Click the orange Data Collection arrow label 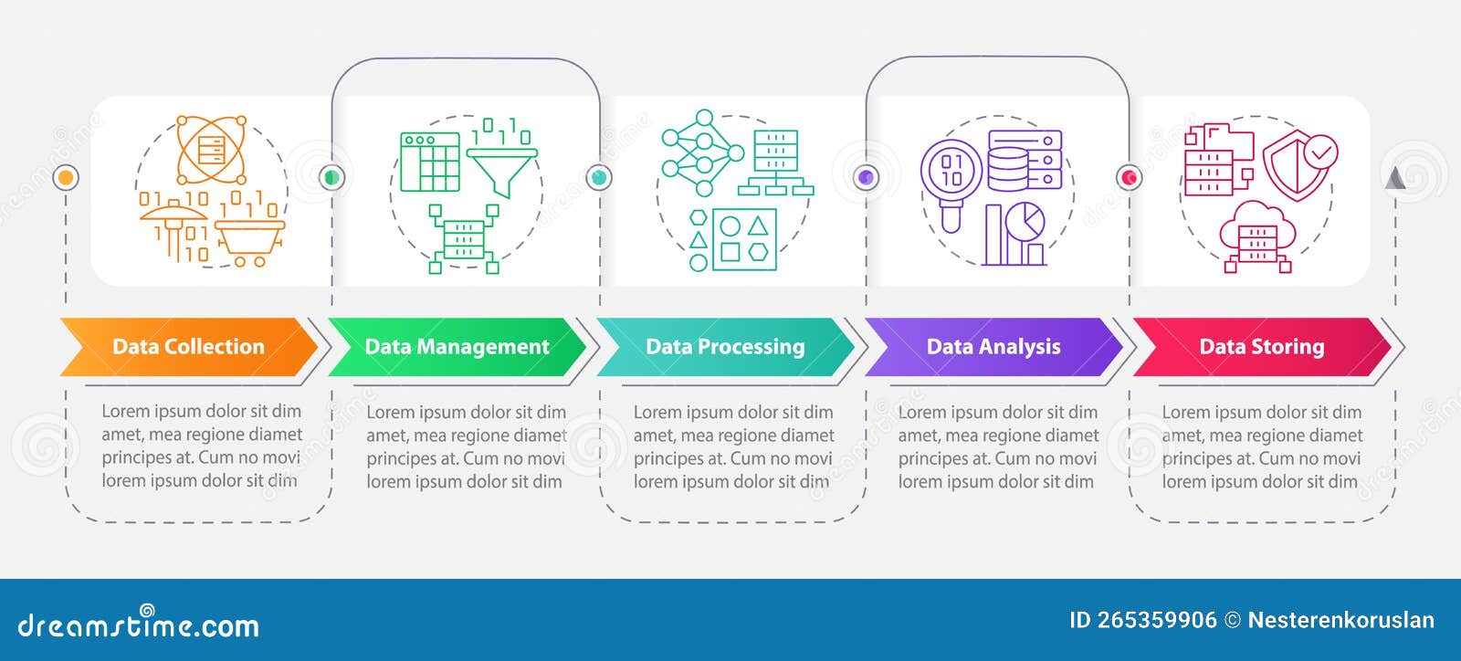(188, 347)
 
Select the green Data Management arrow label (457, 347)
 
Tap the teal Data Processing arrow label (725, 347)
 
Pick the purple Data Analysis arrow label (993, 347)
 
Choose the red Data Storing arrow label (1261, 347)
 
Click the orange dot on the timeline (66, 177)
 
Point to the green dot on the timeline (331, 177)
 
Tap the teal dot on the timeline (599, 177)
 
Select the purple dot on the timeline (866, 177)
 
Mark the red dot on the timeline (1130, 177)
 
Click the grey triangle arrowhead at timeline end (1394, 178)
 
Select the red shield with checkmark (1299, 163)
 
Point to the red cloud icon (1257, 236)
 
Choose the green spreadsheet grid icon (430, 163)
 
